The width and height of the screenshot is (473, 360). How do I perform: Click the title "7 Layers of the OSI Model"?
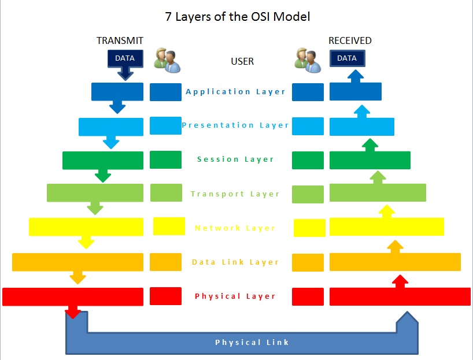237,17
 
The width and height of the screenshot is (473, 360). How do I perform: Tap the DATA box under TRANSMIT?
125,58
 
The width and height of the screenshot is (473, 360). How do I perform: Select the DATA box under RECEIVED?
347,58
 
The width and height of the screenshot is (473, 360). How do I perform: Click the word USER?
242,61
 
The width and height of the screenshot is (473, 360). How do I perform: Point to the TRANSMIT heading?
120,40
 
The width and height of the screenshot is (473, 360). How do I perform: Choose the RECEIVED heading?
350,40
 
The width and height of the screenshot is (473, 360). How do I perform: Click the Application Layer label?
236,91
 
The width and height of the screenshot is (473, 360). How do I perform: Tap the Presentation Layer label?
235,125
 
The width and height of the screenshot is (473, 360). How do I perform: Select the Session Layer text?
235,159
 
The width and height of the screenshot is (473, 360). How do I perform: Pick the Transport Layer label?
235,194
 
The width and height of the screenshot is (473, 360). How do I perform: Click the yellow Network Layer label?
235,228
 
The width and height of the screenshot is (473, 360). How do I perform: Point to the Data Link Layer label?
235,262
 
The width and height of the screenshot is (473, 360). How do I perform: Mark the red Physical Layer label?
235,296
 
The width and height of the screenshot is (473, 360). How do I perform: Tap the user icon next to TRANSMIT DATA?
167,60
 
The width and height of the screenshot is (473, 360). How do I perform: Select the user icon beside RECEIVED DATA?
307,60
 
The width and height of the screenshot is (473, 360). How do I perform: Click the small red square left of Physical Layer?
165,296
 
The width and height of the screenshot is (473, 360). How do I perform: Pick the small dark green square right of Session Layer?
308,159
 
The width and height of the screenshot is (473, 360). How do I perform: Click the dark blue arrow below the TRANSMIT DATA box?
125,73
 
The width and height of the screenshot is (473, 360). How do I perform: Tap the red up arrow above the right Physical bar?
400,281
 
